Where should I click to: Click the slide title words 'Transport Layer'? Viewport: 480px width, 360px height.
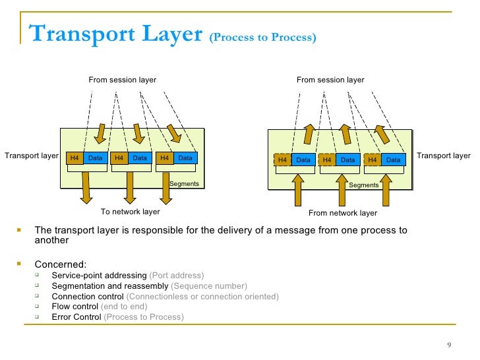[115, 34]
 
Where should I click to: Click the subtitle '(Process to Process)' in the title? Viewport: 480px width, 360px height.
[262, 38]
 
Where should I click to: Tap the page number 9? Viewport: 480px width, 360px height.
[448, 347]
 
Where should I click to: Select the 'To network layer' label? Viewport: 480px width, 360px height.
[130, 212]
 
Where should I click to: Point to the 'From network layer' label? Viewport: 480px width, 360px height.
[343, 213]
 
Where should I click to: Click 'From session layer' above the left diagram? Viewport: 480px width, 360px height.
[123, 80]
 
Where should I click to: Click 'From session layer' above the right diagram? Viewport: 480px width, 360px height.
[330, 80]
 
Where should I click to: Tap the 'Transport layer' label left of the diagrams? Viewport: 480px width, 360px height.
[32, 156]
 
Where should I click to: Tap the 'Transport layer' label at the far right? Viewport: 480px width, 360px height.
[444, 156]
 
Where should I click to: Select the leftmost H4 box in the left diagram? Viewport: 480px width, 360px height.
[75, 158]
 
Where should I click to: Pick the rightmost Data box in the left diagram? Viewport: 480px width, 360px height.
[185, 158]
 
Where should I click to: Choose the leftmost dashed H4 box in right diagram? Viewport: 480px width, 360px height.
[282, 160]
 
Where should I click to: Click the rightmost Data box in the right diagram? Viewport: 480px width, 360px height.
[393, 160]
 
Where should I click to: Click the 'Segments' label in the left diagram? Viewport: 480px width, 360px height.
[184, 183]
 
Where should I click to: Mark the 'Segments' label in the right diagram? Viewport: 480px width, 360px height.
[363, 185]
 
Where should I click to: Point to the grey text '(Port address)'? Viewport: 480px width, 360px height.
[177, 276]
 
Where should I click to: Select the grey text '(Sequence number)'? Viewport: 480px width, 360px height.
[209, 286]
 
